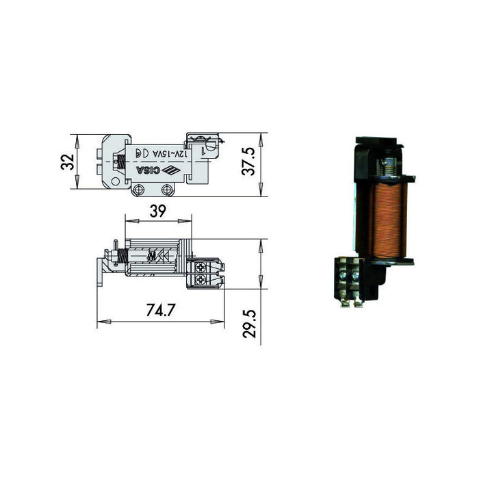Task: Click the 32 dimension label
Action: (68, 162)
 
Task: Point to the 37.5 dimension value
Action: (248, 161)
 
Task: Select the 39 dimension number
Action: (158, 211)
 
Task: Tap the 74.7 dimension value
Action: (161, 310)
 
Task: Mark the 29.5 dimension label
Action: (249, 324)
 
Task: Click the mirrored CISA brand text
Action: (148, 170)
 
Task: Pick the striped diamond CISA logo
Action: (171, 170)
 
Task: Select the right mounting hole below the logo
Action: (167, 190)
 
